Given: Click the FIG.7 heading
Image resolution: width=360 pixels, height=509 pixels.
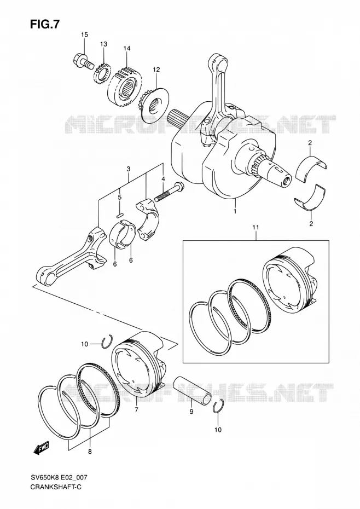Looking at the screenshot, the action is pos(45,24).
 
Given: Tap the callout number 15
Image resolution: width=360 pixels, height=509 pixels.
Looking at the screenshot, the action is pos(84,34).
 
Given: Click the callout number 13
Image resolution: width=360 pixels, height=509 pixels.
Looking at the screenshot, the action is pos(103,44).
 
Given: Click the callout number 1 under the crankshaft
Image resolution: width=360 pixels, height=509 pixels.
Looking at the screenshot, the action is pos(235,211).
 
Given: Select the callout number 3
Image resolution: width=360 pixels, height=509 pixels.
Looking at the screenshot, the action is pos(128,169).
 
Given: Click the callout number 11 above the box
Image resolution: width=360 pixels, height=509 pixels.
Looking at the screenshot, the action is pos(256,228).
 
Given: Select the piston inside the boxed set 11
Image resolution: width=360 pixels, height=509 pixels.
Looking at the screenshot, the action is pos(288,281).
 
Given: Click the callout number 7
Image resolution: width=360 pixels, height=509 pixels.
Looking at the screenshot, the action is pos(136,410).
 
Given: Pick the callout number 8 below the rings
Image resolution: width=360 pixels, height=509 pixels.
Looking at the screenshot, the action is pos(90,451).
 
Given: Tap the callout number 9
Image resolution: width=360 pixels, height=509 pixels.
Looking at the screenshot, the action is pos(191,412).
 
